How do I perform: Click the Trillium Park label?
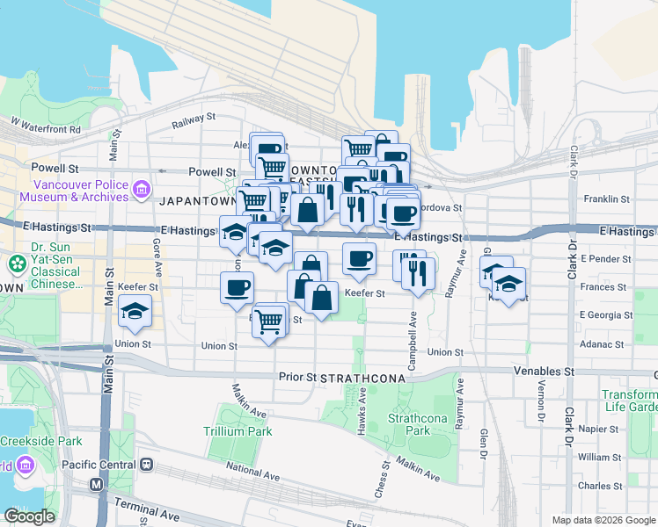click(x=238, y=431)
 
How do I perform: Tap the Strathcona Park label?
click(x=411, y=424)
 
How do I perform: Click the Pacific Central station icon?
click(x=147, y=464)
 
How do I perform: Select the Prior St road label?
click(x=297, y=377)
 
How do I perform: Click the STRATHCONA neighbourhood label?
click(x=362, y=378)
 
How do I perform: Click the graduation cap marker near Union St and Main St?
click(x=135, y=310)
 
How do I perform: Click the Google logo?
click(x=29, y=516)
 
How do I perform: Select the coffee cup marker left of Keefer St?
click(x=237, y=287)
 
